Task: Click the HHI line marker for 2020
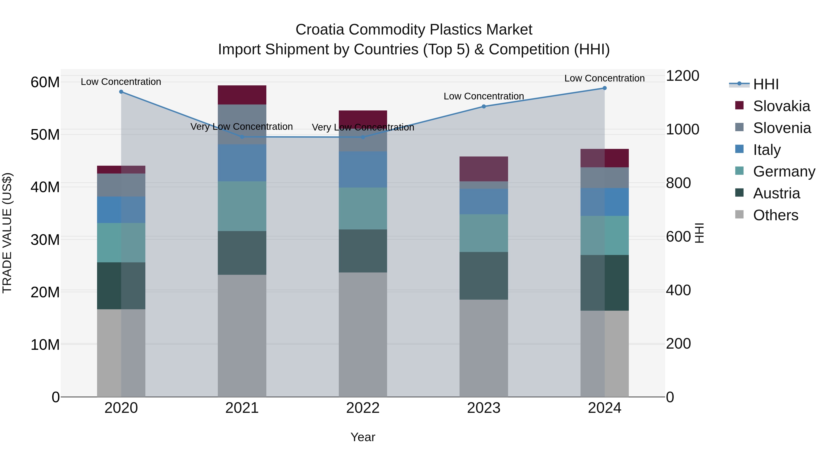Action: click(x=121, y=92)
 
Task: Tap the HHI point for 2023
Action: click(x=483, y=107)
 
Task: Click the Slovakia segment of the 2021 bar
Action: click(x=242, y=95)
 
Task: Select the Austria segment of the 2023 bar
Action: click(x=483, y=276)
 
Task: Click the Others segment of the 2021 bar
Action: click(x=242, y=336)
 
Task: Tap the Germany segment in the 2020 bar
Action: click(x=121, y=243)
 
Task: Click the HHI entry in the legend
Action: click(x=765, y=84)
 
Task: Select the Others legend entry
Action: click(x=775, y=215)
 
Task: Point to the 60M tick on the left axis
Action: click(x=45, y=82)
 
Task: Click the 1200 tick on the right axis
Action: click(x=682, y=76)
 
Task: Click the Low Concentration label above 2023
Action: click(x=483, y=96)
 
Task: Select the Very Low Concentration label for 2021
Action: click(x=241, y=127)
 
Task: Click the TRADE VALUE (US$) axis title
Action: click(x=7, y=233)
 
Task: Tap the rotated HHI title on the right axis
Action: click(x=699, y=233)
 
